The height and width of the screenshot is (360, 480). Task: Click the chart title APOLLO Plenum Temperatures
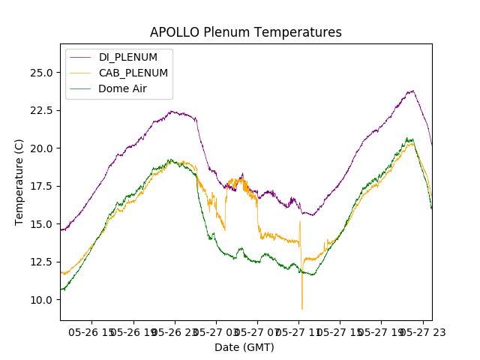245,32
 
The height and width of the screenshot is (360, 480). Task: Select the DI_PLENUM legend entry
128,57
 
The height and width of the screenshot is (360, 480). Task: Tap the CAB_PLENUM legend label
133,73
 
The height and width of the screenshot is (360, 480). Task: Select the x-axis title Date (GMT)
244,347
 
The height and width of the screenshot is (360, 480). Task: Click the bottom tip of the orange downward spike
302,309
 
